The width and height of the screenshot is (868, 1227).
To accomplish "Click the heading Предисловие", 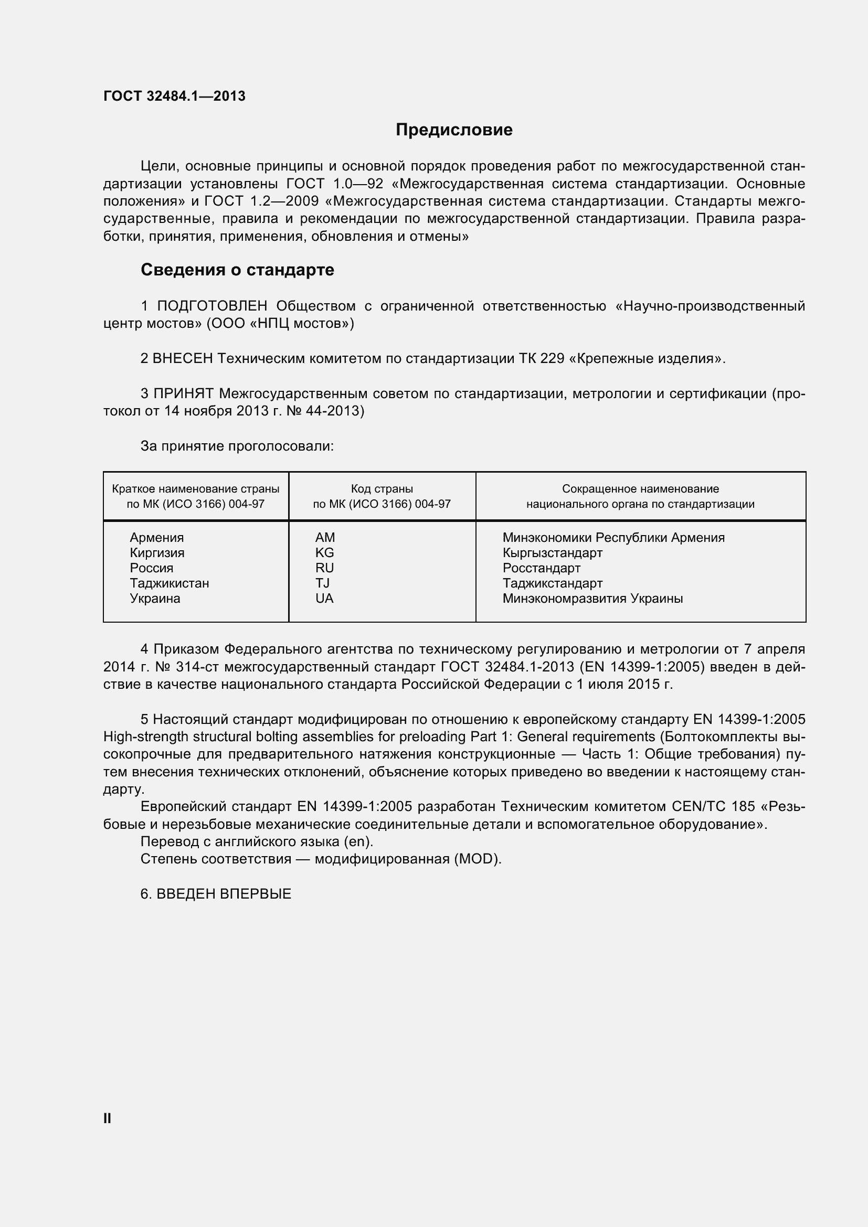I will tap(454, 130).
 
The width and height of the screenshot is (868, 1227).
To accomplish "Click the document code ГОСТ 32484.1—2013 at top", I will tap(174, 96).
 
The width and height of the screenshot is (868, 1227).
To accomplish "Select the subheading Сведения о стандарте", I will tap(237, 270).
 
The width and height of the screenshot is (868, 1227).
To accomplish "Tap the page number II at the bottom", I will tap(107, 1118).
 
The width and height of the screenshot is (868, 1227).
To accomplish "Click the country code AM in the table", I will tap(325, 538).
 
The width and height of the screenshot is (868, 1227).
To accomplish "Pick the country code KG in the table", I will tap(324, 552).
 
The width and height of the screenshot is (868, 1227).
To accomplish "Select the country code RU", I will tap(324, 568).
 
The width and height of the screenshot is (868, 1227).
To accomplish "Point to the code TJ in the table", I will tap(322, 583).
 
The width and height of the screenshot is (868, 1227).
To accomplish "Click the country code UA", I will tap(324, 599).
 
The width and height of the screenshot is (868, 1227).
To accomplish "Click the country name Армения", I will tap(156, 538).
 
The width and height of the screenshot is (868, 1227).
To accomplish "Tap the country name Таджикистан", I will tap(170, 583).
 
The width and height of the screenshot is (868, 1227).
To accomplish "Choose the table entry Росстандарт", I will tap(541, 568).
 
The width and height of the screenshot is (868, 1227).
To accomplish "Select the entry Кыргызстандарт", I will tap(552, 552).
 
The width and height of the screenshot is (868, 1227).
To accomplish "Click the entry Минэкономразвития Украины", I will tap(592, 599).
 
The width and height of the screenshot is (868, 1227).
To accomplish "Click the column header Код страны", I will tap(382, 489).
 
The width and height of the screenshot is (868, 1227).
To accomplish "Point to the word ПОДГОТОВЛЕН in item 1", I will tap(212, 306).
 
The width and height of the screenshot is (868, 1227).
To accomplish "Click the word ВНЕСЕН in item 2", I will tap(183, 359).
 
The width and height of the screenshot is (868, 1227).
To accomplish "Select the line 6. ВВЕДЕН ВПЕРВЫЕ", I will tap(216, 894).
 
